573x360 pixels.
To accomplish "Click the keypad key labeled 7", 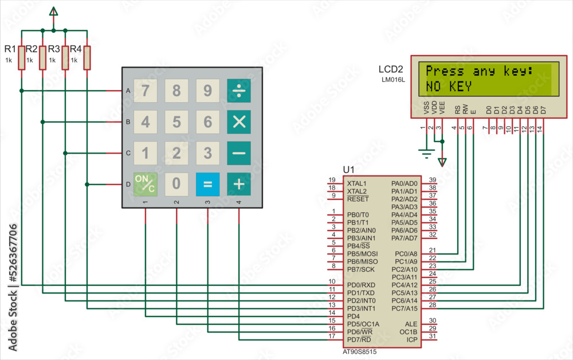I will click(146, 91).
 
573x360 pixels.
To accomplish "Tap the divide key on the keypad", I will click(239, 91).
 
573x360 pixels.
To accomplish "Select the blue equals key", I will click(207, 184).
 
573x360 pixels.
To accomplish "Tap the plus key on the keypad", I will click(239, 184).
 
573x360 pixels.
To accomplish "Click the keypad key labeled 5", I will click(176, 122).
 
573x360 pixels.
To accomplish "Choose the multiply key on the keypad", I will click(239, 122).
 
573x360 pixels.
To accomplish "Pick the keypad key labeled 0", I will click(176, 184).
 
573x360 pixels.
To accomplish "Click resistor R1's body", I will click(21, 58).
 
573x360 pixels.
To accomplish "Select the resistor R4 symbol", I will click(87, 58).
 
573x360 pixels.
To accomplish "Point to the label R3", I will click(54, 49).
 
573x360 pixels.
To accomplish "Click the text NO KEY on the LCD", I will click(449, 87).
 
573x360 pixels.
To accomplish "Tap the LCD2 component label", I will click(391, 69).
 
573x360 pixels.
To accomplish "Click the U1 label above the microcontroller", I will click(348, 170).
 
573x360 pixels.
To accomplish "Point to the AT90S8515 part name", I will click(359, 351).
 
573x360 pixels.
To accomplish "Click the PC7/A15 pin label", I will click(405, 308).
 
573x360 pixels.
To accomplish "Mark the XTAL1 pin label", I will click(356, 183).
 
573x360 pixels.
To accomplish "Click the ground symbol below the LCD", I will click(425, 152).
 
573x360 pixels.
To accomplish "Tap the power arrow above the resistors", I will click(54, 11).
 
